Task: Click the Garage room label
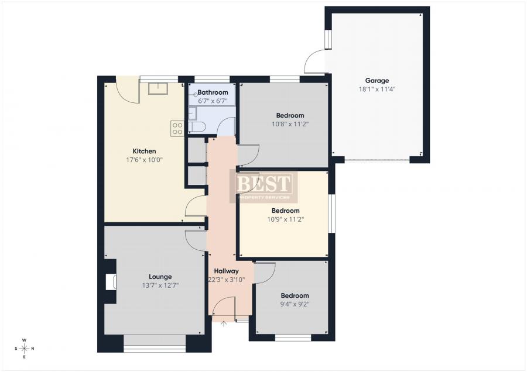click(377, 81)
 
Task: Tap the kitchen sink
click(158, 89)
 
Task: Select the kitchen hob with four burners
click(177, 129)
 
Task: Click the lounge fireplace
click(109, 283)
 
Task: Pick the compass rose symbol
click(24, 348)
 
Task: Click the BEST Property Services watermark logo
click(263, 187)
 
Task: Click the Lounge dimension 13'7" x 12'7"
click(160, 286)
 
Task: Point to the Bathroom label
click(213, 92)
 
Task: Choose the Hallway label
click(226, 271)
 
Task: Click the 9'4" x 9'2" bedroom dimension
click(295, 304)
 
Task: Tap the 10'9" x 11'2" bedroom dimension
click(286, 219)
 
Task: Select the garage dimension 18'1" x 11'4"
click(377, 89)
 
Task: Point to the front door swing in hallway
click(224, 308)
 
